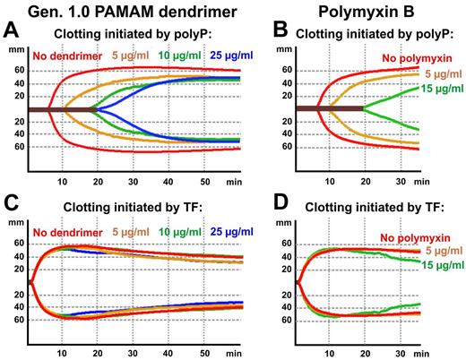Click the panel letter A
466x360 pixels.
click(13, 33)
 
